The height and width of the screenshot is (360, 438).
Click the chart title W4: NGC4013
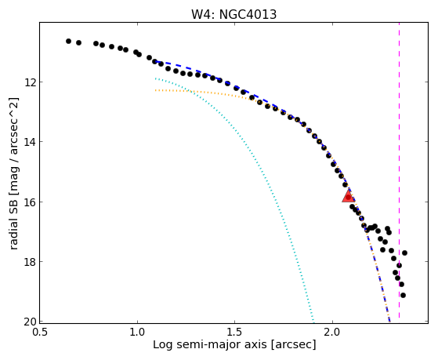[233, 15]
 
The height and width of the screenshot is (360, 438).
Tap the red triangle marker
[349, 196]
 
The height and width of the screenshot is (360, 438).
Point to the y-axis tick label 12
[30, 82]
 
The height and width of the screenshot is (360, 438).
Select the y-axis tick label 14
[30, 142]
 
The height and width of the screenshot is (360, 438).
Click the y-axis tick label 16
[30, 202]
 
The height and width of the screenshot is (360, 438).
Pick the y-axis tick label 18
[30, 262]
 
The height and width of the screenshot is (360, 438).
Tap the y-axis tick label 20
[30, 322]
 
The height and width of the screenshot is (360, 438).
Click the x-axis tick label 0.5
[40, 333]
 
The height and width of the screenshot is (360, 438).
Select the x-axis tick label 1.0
[137, 333]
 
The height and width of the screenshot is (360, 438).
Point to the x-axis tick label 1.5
[234, 333]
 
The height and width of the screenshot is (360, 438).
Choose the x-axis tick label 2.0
[332, 333]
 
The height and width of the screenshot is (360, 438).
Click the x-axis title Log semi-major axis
[210, 344]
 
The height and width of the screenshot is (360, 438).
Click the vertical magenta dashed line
[399, 170]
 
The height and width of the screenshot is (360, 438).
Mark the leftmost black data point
[68, 41]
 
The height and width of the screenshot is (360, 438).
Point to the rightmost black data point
[404, 253]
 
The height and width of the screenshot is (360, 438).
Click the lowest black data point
[403, 295]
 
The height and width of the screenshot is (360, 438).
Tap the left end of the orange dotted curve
[155, 90]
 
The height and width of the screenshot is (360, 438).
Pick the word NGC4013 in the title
[248, 15]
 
